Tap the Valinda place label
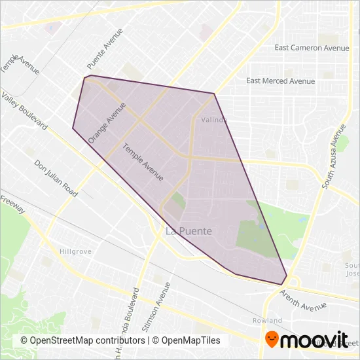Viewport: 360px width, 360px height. (213, 120)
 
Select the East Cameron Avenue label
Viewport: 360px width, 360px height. (312, 48)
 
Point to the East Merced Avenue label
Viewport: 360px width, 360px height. (280, 81)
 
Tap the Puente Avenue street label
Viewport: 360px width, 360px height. (105, 50)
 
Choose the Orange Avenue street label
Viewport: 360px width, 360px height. (107, 122)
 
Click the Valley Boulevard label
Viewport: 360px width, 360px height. (25, 110)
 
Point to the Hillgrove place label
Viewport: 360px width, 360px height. (75, 251)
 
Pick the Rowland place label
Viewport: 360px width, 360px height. (266, 321)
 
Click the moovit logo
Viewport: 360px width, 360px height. (306, 338)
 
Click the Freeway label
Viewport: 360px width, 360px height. (13, 204)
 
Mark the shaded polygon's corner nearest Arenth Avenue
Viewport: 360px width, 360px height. (283, 284)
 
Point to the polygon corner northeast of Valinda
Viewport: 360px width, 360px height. (215, 93)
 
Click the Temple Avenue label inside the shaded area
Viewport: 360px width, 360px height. (143, 162)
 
